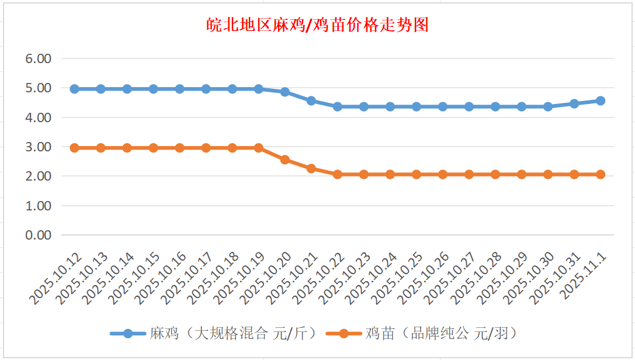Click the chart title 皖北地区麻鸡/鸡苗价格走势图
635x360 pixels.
point(318,25)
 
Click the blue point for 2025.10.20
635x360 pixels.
point(285,92)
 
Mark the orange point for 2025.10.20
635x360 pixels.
point(285,160)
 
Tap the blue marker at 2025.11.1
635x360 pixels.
point(601,101)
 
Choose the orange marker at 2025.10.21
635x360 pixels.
point(311,168)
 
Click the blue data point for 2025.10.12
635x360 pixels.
point(74,89)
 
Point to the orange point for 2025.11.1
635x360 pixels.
point(601,174)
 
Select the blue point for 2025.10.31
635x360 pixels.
point(574,103)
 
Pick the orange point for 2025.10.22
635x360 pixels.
point(338,174)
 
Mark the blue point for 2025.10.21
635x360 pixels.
point(311,101)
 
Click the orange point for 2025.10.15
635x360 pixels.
point(153,148)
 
